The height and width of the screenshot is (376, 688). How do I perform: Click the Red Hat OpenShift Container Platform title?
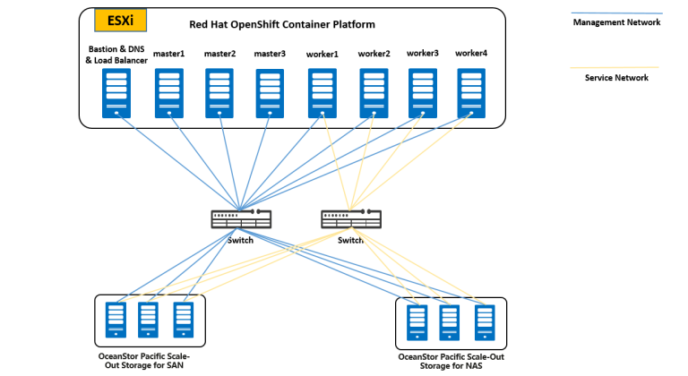(282, 23)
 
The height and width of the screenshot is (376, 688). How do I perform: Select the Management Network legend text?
(616, 22)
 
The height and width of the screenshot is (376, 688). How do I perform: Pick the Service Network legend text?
(616, 78)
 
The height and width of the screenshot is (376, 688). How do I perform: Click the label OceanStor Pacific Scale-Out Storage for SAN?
(144, 361)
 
